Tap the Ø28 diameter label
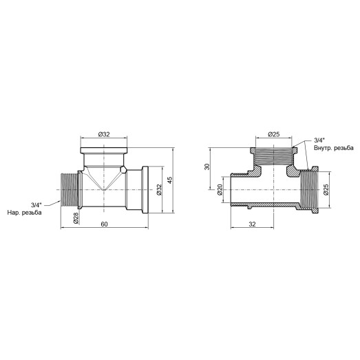coord(74,218)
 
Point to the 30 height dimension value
coord(207,168)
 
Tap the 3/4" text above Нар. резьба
coord(36,204)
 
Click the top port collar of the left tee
coord(103,149)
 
